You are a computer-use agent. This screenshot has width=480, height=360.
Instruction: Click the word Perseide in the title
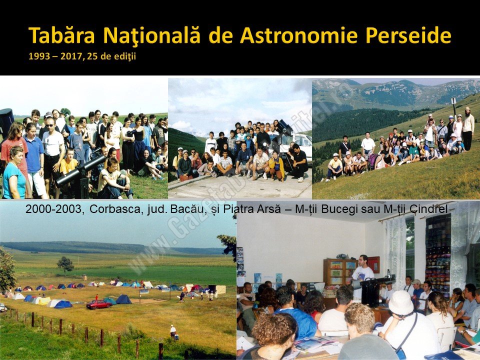(x=408, y=35)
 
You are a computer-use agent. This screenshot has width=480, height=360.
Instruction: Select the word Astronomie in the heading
(x=299, y=35)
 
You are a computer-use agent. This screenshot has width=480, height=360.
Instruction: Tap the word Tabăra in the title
(x=61, y=35)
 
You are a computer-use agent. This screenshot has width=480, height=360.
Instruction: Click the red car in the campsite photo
(x=98, y=304)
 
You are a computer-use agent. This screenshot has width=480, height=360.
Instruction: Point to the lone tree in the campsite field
(x=65, y=264)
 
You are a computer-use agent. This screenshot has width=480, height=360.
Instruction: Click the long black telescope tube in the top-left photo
(x=81, y=170)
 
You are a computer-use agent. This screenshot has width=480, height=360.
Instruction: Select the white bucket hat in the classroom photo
(x=400, y=302)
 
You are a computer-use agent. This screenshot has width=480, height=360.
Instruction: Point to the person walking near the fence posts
(x=173, y=333)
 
